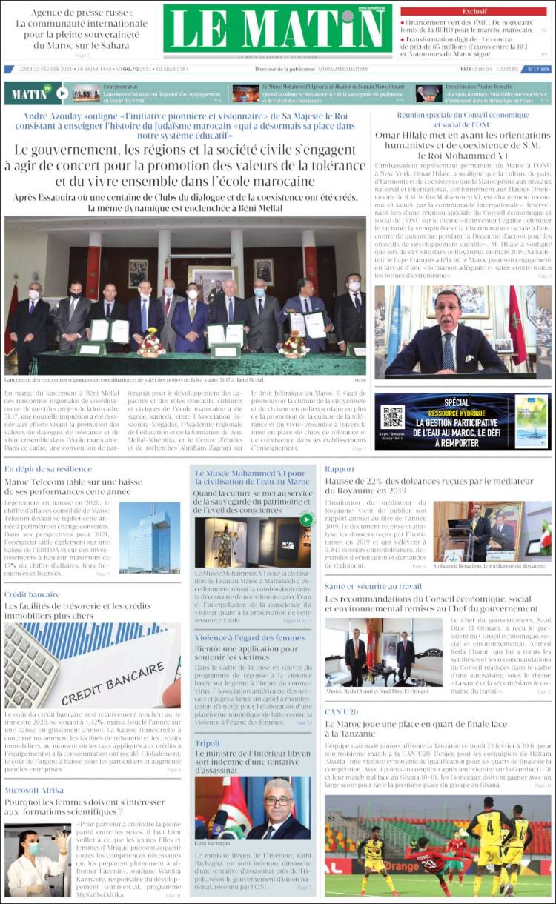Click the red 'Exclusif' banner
[474, 11]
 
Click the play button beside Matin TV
[62, 93]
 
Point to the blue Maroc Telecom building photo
[149, 537]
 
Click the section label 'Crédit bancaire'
[32, 594]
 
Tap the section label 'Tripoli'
[207, 742]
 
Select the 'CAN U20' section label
[341, 711]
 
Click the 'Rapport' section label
[340, 469]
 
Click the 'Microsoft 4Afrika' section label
[34, 790]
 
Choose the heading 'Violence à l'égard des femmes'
[249, 637]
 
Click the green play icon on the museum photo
[305, 519]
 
